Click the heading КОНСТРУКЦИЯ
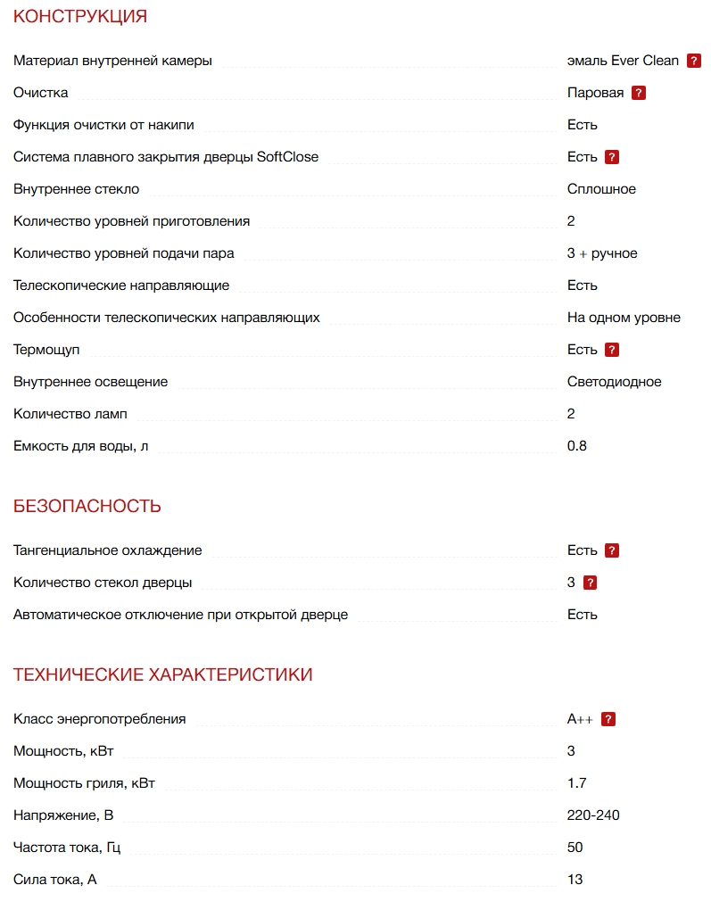[80, 16]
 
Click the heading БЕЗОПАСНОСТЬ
[87, 506]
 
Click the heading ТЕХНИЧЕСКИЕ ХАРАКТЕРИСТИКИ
[163, 674]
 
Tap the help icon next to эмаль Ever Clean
[694, 61]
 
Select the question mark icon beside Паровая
[639, 93]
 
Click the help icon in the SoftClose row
[612, 157]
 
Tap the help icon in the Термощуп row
[612, 350]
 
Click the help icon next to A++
[608, 719]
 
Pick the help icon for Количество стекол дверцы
[590, 583]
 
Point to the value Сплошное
[601, 189]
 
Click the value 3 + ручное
[602, 253]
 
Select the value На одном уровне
[624, 318]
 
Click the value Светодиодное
[615, 382]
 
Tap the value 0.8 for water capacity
[577, 446]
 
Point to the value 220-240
[593, 815]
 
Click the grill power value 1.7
[577, 783]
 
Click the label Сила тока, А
[55, 880]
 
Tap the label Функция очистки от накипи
[103, 125]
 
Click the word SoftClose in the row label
[287, 157]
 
